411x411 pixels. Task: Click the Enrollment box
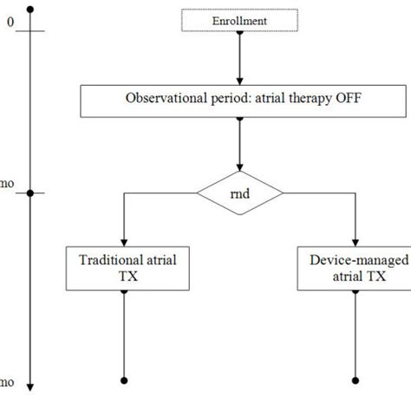[x=239, y=19]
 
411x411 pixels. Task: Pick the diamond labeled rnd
[x=240, y=193]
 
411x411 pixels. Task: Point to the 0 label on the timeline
[x=10, y=23]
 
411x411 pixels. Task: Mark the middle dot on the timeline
[x=31, y=193]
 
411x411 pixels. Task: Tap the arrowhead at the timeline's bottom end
[x=31, y=387]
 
